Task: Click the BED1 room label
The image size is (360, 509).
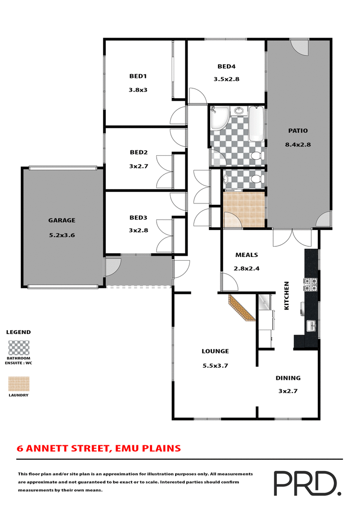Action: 138,76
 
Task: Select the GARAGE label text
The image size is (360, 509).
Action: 62,221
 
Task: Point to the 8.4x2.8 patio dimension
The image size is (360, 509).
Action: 298,145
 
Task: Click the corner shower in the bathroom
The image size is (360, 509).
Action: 219,118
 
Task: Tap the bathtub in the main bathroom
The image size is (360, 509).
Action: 256,123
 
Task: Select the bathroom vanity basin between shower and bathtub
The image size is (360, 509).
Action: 238,111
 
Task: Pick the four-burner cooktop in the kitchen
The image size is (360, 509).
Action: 311,284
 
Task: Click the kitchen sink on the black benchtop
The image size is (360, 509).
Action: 311,325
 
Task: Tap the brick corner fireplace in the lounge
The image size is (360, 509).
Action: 242,308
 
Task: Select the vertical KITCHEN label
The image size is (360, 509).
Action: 286,296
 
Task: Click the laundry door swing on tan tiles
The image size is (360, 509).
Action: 231,219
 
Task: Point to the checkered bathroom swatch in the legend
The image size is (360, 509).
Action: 19,347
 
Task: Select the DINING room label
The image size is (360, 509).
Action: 288,378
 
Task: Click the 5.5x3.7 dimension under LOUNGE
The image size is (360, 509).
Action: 215,365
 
